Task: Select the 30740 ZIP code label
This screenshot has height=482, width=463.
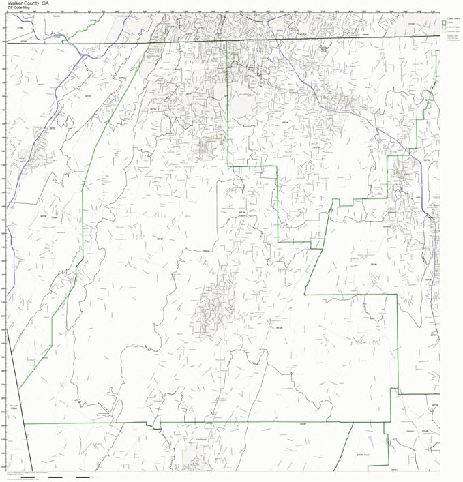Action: click(374, 264)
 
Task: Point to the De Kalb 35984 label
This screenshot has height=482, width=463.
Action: click(14, 408)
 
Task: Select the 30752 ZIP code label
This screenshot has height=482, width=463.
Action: click(52, 127)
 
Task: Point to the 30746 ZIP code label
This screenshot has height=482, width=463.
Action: click(424, 431)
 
